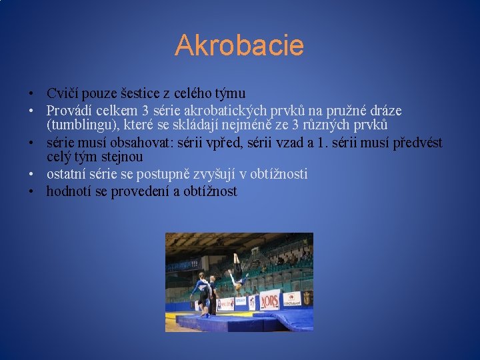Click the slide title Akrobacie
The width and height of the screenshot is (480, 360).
239,46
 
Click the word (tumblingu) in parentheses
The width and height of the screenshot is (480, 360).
78,125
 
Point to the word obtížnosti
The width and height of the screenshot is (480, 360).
277,174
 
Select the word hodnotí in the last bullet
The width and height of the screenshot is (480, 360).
67,192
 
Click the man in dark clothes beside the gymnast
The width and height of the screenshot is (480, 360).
213,293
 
